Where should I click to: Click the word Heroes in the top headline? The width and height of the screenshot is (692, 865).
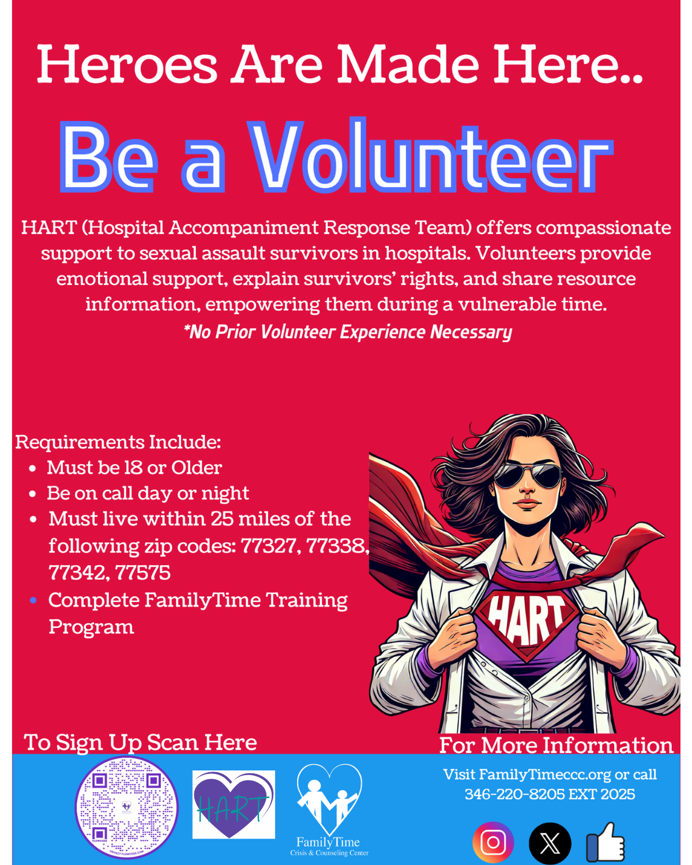click(x=127, y=65)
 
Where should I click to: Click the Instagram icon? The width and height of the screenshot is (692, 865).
click(x=493, y=842)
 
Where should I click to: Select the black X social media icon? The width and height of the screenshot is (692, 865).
click(x=550, y=843)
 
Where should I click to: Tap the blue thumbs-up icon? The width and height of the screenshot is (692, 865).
click(x=605, y=842)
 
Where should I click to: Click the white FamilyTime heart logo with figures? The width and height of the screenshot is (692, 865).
click(x=329, y=799)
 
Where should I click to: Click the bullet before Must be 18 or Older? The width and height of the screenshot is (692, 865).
click(x=33, y=469)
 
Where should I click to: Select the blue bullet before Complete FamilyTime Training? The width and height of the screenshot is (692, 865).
click(x=33, y=600)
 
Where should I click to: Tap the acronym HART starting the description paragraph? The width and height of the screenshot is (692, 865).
click(x=49, y=228)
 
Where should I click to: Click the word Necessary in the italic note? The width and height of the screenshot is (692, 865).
click(x=471, y=332)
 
